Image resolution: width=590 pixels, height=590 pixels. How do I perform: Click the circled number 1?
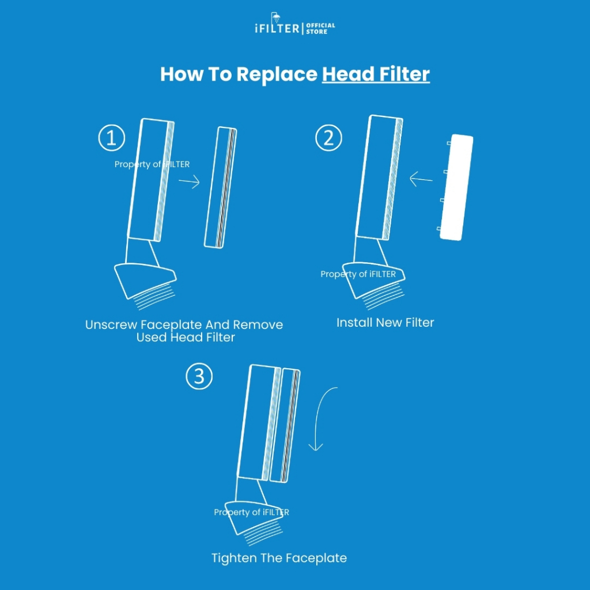[111, 138]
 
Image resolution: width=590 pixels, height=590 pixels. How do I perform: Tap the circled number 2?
[328, 138]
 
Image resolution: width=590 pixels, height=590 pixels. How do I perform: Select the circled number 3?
[199, 376]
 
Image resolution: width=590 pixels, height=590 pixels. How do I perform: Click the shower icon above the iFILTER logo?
[276, 18]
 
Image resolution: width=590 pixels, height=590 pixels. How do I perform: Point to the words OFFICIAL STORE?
[320, 29]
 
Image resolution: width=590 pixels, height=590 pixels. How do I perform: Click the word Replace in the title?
[277, 75]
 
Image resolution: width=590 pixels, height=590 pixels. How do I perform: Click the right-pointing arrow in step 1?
[189, 182]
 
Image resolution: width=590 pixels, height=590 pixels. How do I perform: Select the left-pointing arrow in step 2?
[421, 179]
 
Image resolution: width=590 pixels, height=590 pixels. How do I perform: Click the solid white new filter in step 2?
[456, 187]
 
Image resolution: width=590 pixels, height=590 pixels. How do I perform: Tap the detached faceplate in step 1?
[221, 187]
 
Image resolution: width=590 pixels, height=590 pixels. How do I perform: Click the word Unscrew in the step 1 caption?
[111, 325]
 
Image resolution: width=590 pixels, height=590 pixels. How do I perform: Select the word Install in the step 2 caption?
[354, 323]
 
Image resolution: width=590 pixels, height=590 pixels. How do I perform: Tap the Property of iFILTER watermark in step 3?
[251, 512]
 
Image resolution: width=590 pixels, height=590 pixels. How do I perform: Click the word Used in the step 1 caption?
[152, 338]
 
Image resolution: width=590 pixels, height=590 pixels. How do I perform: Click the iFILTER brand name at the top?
[277, 29]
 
